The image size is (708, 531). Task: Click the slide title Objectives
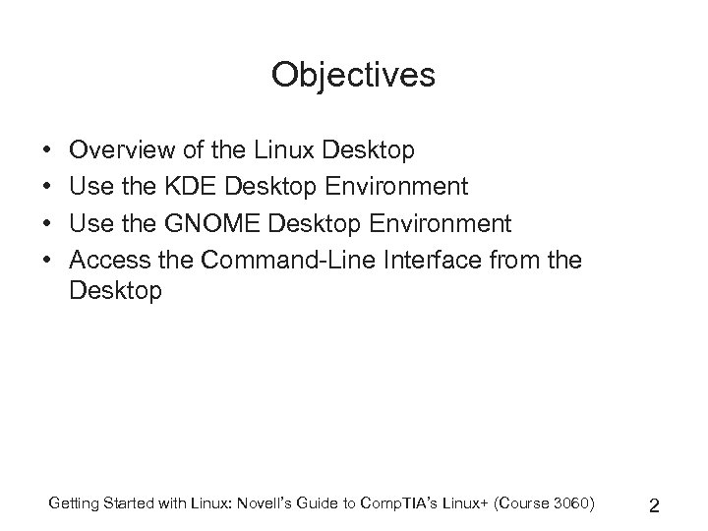point(353,75)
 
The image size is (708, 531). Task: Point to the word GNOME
point(207,223)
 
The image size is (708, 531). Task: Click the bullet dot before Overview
point(47,151)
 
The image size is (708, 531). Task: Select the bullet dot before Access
point(47,261)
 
